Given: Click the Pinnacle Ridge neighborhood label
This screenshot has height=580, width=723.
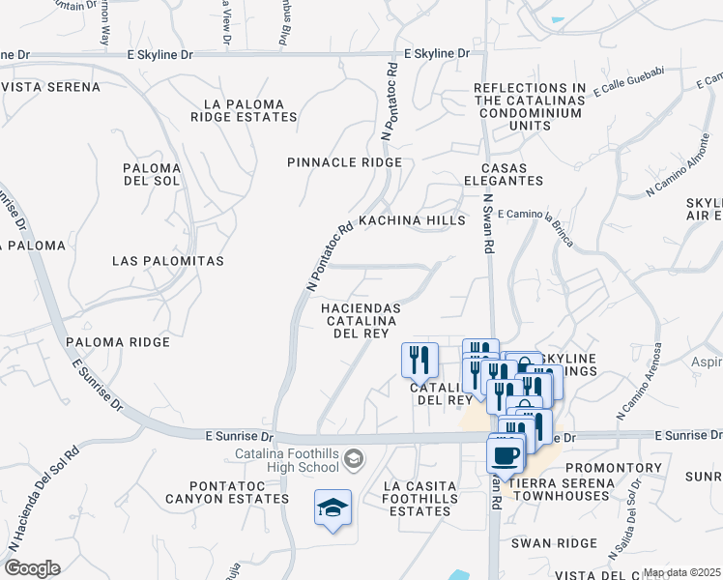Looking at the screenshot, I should [344, 162].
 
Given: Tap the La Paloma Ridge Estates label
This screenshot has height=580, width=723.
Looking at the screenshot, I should [244, 110].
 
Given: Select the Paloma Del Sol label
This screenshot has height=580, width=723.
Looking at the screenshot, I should [152, 175].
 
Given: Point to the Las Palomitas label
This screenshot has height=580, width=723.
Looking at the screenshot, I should [168, 261].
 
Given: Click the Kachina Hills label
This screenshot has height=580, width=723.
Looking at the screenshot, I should [412, 220].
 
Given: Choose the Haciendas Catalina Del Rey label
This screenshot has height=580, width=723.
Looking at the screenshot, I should [361, 319].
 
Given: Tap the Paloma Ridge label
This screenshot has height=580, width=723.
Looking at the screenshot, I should [118, 342].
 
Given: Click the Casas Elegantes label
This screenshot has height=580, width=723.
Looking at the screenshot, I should [503, 174].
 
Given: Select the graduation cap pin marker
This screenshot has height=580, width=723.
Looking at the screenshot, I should [333, 507].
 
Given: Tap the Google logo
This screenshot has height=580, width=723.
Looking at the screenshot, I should [32, 568].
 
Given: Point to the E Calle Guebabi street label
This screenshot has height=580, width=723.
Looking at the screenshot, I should [630, 83].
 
